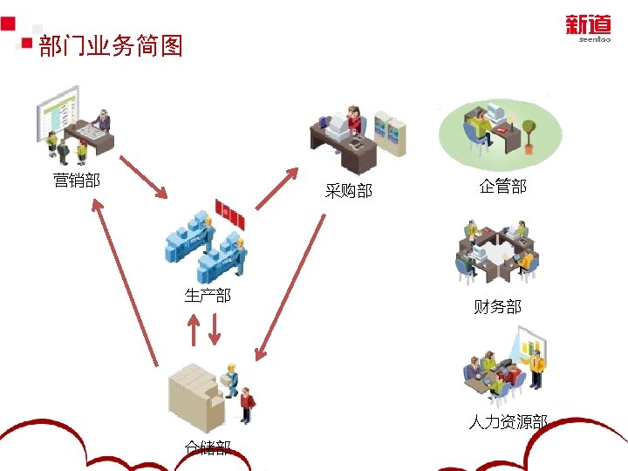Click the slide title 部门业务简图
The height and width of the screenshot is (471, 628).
click(x=111, y=46)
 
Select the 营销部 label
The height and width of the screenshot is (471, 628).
click(x=76, y=181)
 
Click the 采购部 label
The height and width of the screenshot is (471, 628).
click(x=348, y=190)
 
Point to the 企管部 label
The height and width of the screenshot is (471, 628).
click(x=502, y=186)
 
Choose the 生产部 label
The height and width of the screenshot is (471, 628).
click(x=208, y=295)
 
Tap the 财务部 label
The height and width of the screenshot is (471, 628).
click(x=497, y=306)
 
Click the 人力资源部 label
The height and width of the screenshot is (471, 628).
click(x=508, y=422)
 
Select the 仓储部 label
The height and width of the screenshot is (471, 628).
click(x=208, y=447)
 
